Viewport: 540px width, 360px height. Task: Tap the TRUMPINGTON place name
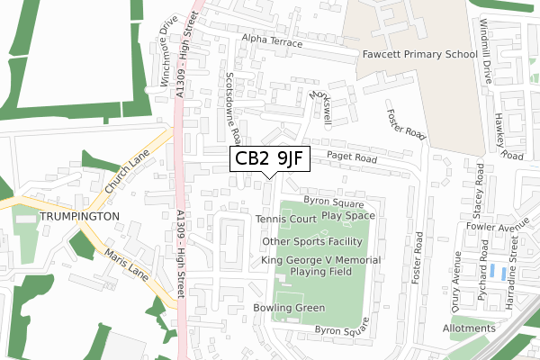[x=78, y=218]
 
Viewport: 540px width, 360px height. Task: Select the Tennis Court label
[x=284, y=220]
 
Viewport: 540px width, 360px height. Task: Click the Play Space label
[x=347, y=216]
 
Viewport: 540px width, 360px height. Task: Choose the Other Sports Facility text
[x=310, y=242]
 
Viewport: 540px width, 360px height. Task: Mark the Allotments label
[x=470, y=328]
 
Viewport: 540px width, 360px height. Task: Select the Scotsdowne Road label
[x=233, y=108]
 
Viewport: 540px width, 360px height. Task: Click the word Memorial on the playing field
[x=357, y=260]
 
